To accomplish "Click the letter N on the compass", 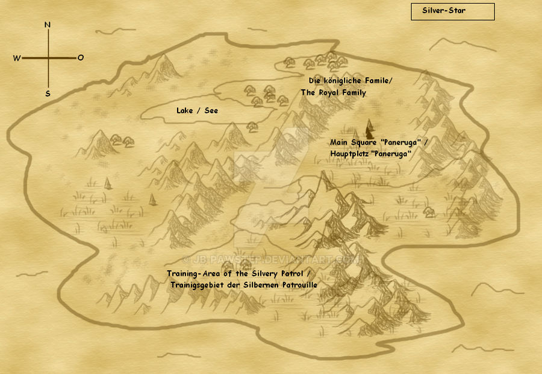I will click(x=48, y=25).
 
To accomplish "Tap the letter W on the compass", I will click(x=16, y=58).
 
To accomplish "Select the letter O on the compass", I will click(x=80, y=58).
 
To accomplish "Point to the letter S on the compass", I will click(x=48, y=93).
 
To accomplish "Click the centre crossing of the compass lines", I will click(x=48, y=58).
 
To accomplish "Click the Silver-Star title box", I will click(x=452, y=11).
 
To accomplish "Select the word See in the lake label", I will click(x=211, y=110).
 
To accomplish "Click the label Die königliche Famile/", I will click(x=346, y=80).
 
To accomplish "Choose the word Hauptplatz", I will click(x=349, y=154).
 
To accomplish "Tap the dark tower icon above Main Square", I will click(x=369, y=127).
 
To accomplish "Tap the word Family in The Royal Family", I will click(x=355, y=93).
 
